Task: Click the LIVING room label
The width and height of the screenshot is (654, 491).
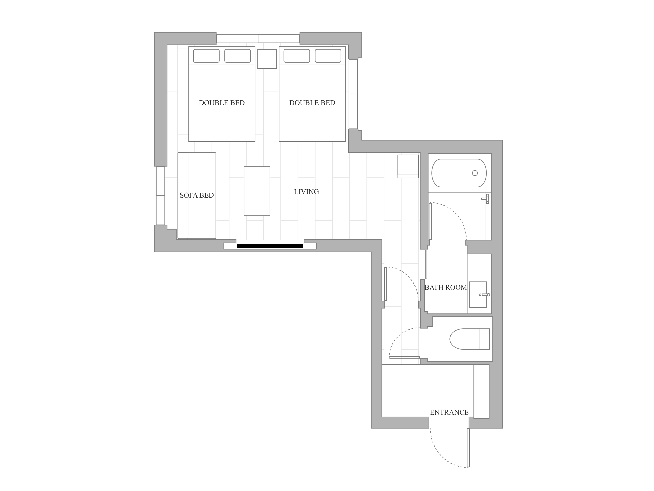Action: tap(306, 192)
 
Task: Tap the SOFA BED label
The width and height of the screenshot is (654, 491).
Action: tap(197, 195)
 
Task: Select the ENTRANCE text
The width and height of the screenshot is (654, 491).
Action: tap(449, 412)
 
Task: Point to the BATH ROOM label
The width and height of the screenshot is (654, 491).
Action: tap(446, 287)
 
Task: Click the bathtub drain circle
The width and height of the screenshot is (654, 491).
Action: tap(475, 173)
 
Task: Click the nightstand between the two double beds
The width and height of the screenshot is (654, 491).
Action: tap(267, 59)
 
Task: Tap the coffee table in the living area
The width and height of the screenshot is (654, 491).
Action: tap(257, 191)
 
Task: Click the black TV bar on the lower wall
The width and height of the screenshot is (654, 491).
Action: tap(270, 246)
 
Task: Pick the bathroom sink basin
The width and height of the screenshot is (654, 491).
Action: tap(478, 294)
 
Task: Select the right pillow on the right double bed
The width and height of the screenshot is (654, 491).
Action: tap(328, 56)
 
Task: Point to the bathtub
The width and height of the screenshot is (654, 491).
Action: tap(459, 173)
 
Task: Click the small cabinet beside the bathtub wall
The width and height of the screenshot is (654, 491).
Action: tap(408, 166)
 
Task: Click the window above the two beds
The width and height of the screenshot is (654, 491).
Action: tap(258, 39)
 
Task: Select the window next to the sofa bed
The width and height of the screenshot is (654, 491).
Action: tap(160, 196)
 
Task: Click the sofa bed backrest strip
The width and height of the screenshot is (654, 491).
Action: tap(183, 196)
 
